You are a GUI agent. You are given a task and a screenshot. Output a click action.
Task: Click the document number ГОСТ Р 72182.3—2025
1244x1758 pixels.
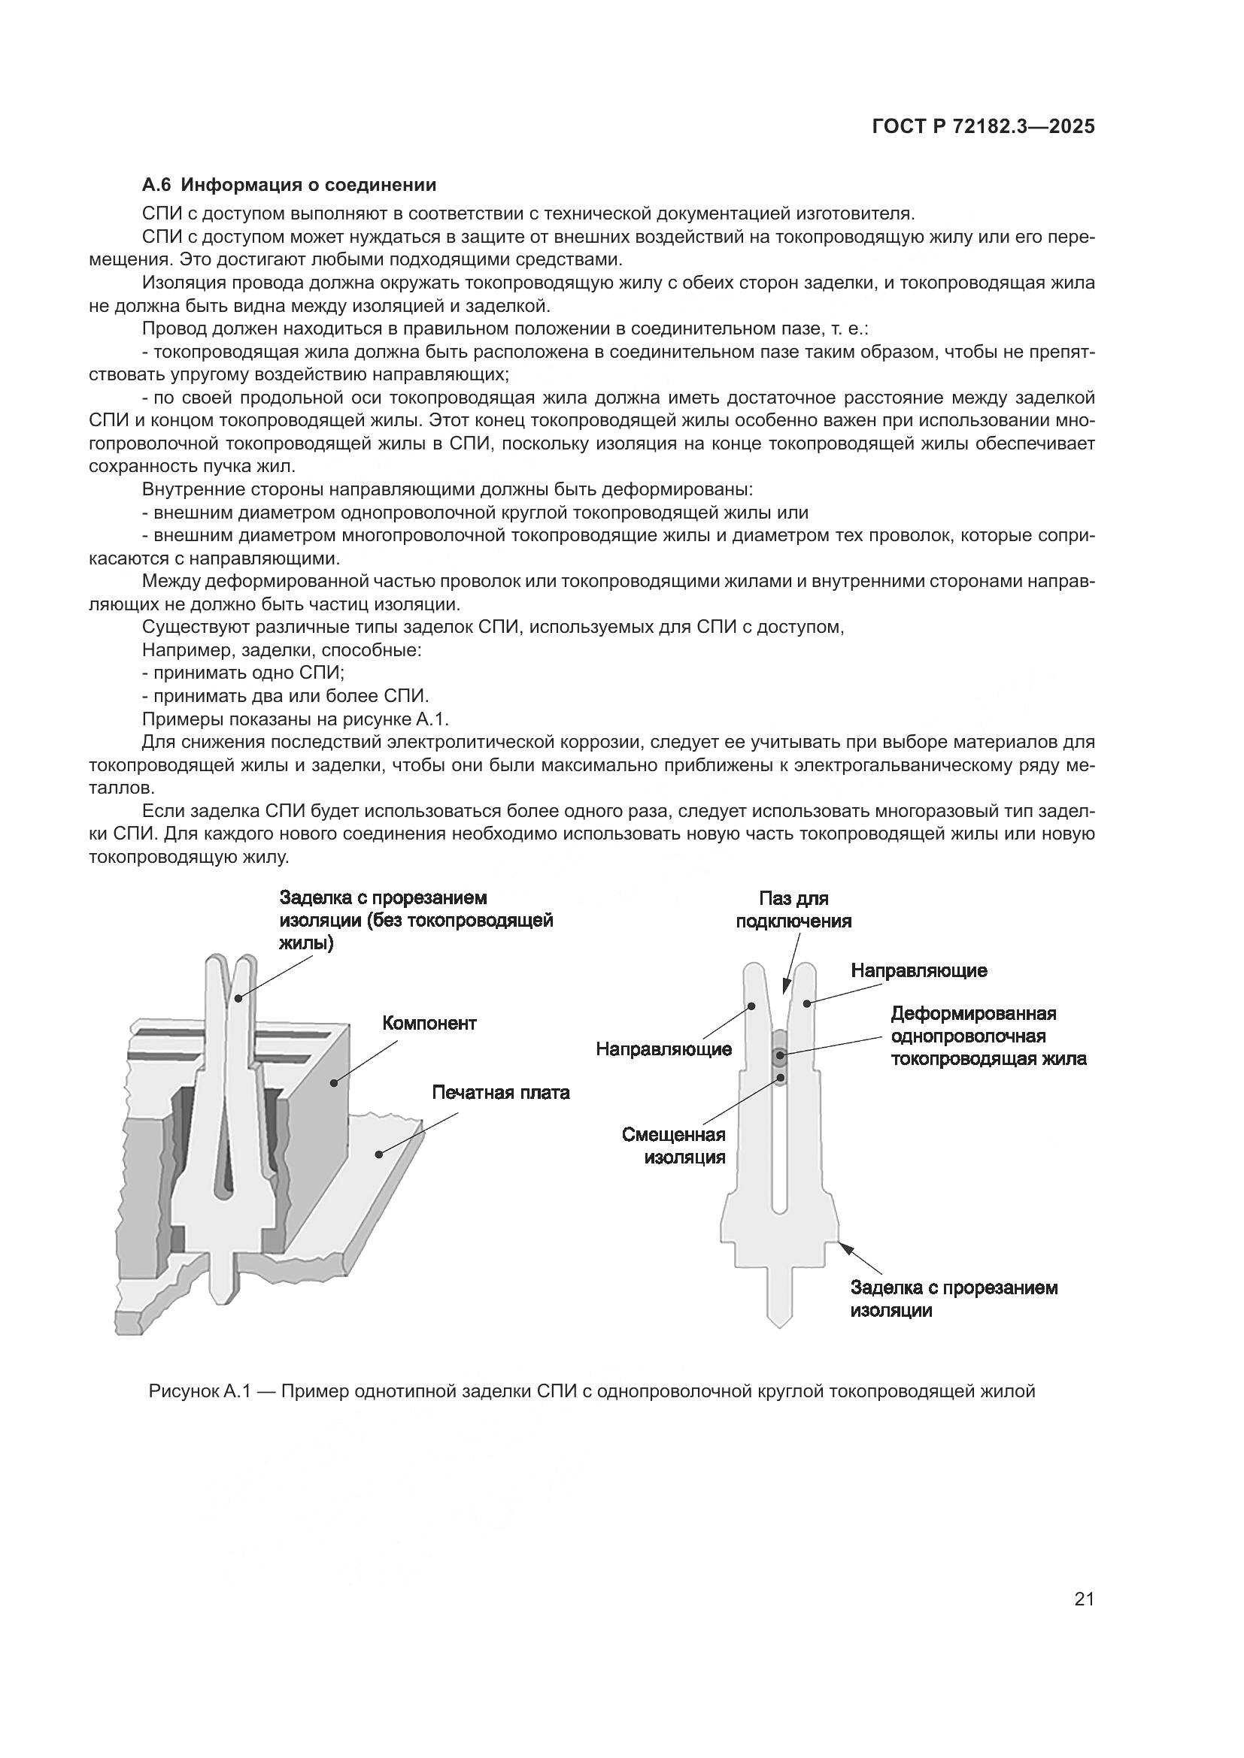coord(983,127)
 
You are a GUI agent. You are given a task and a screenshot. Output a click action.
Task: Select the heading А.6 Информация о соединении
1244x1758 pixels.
coord(289,185)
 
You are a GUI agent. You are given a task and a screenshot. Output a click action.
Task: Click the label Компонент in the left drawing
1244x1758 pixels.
coord(429,1023)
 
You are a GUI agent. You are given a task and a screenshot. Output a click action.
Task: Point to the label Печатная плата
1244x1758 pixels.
coord(500,1092)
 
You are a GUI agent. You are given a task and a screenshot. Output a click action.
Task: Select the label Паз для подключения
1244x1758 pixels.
coord(793,909)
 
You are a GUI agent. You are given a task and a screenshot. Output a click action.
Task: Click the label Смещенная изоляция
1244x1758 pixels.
coord(674,1145)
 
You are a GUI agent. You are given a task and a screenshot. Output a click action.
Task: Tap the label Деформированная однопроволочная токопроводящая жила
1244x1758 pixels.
coord(988,1036)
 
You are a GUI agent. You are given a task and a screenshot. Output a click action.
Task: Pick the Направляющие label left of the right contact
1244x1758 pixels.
coord(663,1049)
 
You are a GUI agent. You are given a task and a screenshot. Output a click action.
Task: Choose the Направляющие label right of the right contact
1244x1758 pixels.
coord(918,971)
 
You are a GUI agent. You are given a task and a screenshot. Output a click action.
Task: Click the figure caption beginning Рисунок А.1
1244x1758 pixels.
coord(591,1391)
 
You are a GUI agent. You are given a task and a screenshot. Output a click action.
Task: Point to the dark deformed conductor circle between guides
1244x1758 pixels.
coord(779,1059)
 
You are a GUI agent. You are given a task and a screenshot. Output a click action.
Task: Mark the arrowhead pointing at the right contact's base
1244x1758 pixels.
coord(845,1248)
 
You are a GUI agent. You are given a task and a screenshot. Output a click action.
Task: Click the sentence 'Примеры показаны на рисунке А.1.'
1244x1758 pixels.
coord(295,719)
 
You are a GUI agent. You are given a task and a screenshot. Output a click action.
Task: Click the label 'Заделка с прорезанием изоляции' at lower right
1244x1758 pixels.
coord(953,1299)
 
